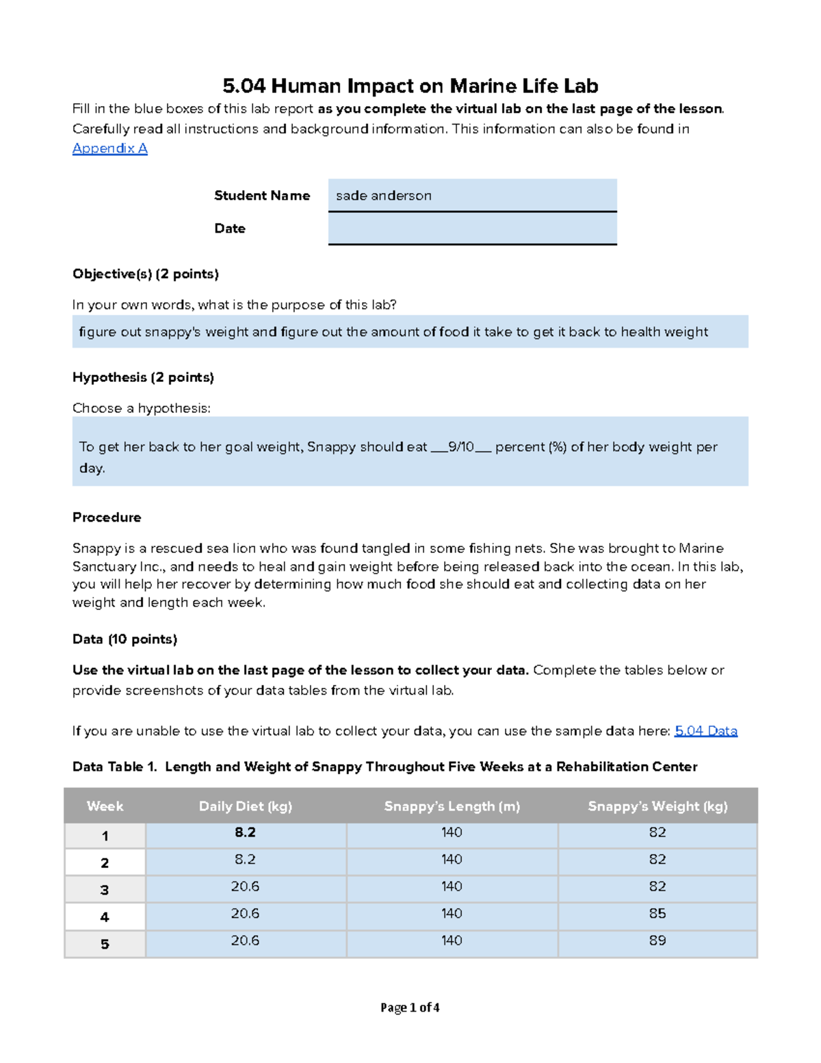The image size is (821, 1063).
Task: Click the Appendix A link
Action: coord(109,149)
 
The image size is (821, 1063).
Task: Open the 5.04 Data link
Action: coord(705,731)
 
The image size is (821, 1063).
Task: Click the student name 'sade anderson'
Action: coord(384,196)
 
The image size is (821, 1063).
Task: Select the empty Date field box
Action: coord(472,229)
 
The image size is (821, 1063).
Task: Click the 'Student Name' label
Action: coord(261,196)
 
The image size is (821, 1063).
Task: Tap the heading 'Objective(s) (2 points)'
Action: coord(145,274)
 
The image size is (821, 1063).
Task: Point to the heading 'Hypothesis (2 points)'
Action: coord(143,377)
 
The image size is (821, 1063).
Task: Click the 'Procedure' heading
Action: coord(107,517)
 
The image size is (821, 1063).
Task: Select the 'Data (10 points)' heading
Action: coord(125,639)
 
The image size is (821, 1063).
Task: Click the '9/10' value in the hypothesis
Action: coord(460,447)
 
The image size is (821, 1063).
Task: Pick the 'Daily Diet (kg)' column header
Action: coord(245,806)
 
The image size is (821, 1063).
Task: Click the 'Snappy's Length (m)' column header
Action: coord(452,806)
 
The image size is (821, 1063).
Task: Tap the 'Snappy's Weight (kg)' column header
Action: coord(657,806)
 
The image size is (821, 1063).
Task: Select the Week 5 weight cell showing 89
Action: coord(657,940)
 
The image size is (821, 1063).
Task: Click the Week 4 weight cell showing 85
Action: coord(657,914)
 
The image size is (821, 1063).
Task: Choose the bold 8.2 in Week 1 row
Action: coord(245,832)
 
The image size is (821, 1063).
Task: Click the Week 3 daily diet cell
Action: coord(245,886)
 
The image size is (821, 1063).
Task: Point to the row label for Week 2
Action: coord(105,863)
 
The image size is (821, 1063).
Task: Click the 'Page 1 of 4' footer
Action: coord(410,1008)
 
